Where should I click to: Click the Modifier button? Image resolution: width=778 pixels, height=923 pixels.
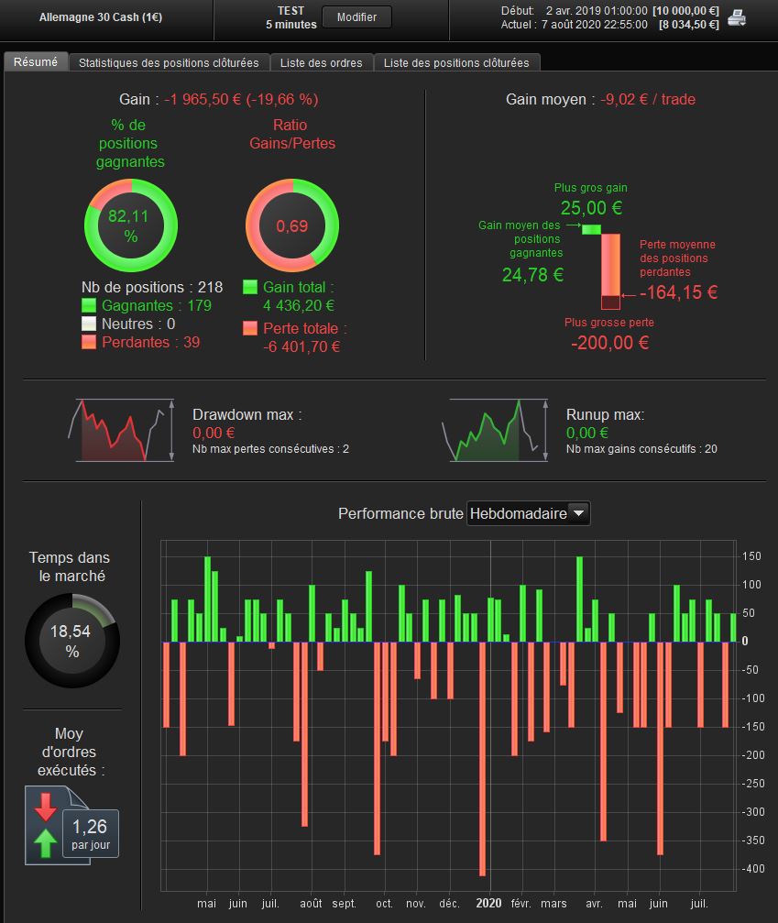(356, 17)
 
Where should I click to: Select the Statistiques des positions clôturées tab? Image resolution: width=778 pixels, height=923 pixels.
(169, 62)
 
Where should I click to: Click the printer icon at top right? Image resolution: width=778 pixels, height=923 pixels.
(737, 17)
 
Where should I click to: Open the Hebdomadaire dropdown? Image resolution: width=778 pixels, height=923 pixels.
(529, 514)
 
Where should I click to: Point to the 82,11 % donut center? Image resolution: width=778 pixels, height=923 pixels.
(130, 225)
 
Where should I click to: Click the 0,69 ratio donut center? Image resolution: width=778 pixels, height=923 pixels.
(292, 225)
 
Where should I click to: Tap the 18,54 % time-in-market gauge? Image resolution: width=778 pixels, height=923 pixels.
(72, 641)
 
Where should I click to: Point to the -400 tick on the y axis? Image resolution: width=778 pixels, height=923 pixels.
(751, 868)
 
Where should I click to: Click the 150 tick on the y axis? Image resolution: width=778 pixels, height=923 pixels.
(751, 556)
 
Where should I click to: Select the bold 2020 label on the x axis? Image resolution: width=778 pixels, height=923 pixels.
(489, 903)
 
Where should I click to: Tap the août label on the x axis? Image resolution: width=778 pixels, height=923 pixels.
(311, 903)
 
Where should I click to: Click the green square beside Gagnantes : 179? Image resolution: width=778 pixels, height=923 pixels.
(89, 306)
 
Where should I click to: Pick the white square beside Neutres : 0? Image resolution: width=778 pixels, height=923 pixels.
(89, 324)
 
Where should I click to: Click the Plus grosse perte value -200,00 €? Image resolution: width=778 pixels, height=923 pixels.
(609, 343)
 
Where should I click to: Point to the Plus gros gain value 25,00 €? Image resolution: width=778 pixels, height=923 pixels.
(591, 208)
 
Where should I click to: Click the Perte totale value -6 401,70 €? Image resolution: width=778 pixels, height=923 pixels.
(301, 346)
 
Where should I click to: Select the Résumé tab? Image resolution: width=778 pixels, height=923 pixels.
(36, 61)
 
